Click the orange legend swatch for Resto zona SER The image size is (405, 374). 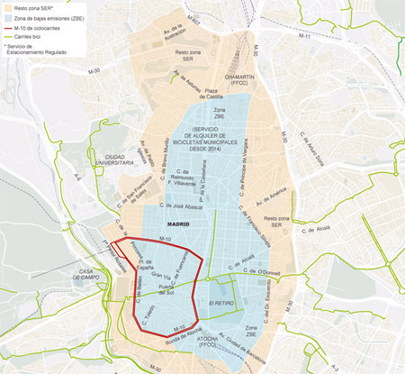tap(7, 6)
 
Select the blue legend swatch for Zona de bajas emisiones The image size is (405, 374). tap(7, 17)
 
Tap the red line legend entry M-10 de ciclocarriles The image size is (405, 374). tap(7, 27)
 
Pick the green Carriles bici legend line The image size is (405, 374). tap(7, 36)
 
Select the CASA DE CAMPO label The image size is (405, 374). tap(93, 275)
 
